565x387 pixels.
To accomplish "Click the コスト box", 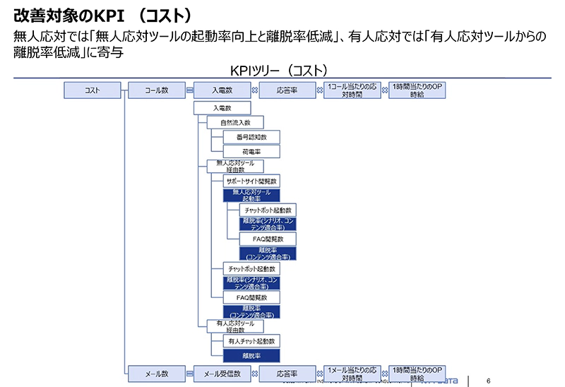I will (x=92, y=90).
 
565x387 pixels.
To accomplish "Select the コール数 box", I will (x=156, y=90).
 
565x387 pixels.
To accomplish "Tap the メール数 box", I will (x=156, y=374).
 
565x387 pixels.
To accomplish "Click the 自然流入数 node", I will (x=235, y=122).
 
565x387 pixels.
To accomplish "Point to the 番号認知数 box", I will (x=251, y=136).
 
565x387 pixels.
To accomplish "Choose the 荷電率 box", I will (x=251, y=151).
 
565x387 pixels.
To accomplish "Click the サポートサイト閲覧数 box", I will (x=251, y=180).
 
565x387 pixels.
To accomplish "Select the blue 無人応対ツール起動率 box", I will (x=251, y=196).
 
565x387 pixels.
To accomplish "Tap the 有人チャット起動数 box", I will (x=251, y=342).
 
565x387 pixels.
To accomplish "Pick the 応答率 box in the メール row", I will (x=287, y=374).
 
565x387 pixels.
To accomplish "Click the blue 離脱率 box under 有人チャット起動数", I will (x=251, y=356).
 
